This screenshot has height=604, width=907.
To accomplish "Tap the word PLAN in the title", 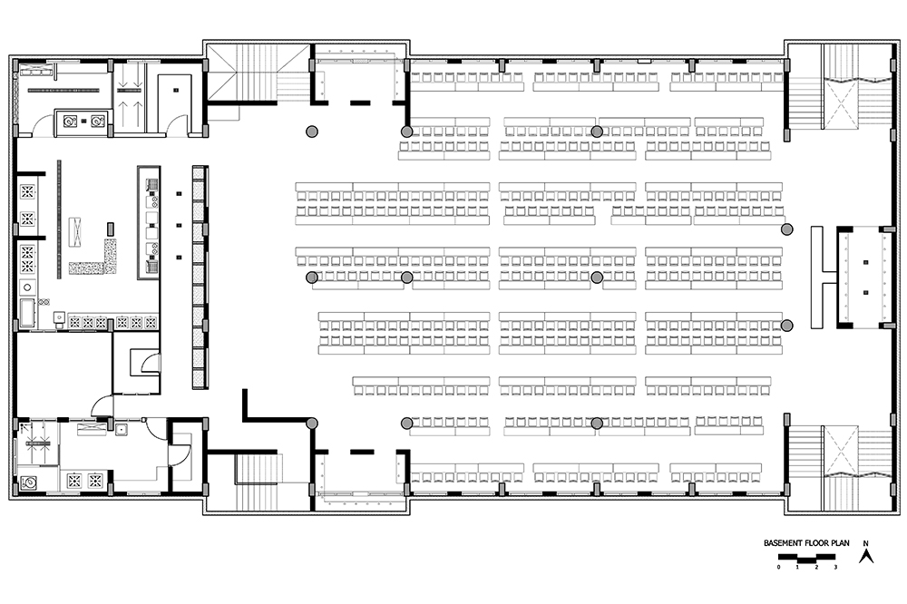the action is pos(840,543).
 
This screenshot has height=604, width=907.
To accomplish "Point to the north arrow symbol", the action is pos(866,556).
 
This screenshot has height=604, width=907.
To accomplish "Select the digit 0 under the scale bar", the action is pos(779,567).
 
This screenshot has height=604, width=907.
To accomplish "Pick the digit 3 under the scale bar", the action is pos(835,567).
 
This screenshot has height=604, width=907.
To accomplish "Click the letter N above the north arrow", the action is pos(866,543).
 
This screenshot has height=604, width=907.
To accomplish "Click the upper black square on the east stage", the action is pos(866,263).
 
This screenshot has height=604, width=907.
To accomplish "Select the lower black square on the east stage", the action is pos(866,293).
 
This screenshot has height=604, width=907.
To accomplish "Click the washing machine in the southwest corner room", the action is pos(27,482).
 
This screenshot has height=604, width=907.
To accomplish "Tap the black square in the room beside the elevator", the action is pos(177,91).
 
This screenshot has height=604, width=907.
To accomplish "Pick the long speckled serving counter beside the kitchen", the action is pos(200,278).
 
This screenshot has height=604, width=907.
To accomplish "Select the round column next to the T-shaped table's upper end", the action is pos(786,229).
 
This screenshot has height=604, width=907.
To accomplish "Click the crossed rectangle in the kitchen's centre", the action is pos(74,231).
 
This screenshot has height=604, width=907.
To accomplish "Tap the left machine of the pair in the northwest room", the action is pos(70,121).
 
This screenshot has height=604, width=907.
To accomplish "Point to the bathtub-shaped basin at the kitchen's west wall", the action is pos(27,313).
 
